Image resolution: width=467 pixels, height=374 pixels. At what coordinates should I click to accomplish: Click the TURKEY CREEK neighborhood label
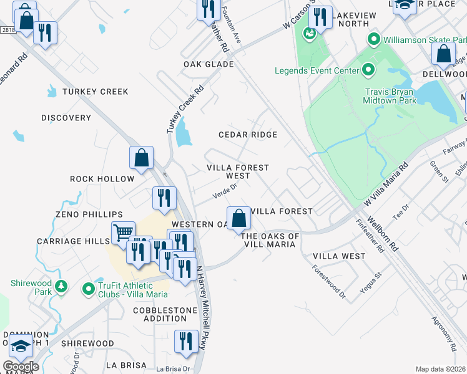point(95,92)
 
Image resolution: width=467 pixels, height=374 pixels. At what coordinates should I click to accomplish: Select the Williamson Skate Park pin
point(374,40)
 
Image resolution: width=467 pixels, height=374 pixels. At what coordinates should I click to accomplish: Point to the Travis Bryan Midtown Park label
point(390,95)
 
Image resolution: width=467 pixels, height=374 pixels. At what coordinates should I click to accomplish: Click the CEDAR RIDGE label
point(248,135)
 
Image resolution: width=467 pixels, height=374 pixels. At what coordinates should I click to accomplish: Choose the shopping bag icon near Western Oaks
point(238,218)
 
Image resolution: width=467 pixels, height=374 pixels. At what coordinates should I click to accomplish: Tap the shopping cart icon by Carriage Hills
point(123,233)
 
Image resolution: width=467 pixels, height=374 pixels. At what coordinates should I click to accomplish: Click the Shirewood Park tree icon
point(61,286)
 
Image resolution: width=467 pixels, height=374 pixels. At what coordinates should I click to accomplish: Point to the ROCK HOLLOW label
point(102,179)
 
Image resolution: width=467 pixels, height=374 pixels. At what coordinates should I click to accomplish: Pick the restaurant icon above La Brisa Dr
point(185,342)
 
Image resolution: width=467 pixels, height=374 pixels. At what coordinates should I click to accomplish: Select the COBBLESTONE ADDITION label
point(160,314)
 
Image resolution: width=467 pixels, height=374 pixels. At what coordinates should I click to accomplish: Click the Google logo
point(21,367)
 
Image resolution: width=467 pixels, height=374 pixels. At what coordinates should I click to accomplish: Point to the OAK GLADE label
point(209,64)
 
